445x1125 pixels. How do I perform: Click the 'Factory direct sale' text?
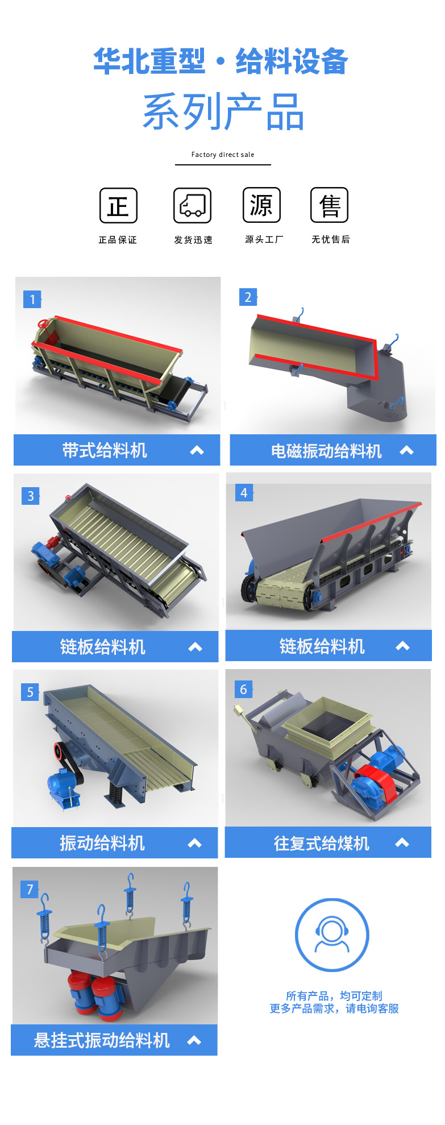(223, 155)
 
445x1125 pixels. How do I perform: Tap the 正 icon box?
(118, 205)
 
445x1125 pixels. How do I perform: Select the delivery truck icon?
(193, 205)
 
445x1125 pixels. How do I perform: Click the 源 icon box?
(261, 205)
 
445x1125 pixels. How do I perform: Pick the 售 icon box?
(329, 205)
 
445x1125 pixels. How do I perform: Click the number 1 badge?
(32, 299)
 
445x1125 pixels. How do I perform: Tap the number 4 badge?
(244, 493)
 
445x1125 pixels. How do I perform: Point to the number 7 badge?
(30, 889)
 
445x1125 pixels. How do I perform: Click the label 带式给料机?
(105, 451)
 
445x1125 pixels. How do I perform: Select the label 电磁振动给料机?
(326, 451)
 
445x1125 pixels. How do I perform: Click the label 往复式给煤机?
(322, 844)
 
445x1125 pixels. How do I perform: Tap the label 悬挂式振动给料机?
(102, 1040)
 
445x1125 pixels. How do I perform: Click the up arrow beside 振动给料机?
(195, 843)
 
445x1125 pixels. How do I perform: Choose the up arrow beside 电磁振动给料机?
(406, 450)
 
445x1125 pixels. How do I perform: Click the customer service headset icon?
(332, 935)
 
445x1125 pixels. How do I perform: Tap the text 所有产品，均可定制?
(334, 996)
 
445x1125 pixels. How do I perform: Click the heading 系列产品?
(223, 112)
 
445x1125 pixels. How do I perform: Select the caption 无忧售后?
(331, 239)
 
